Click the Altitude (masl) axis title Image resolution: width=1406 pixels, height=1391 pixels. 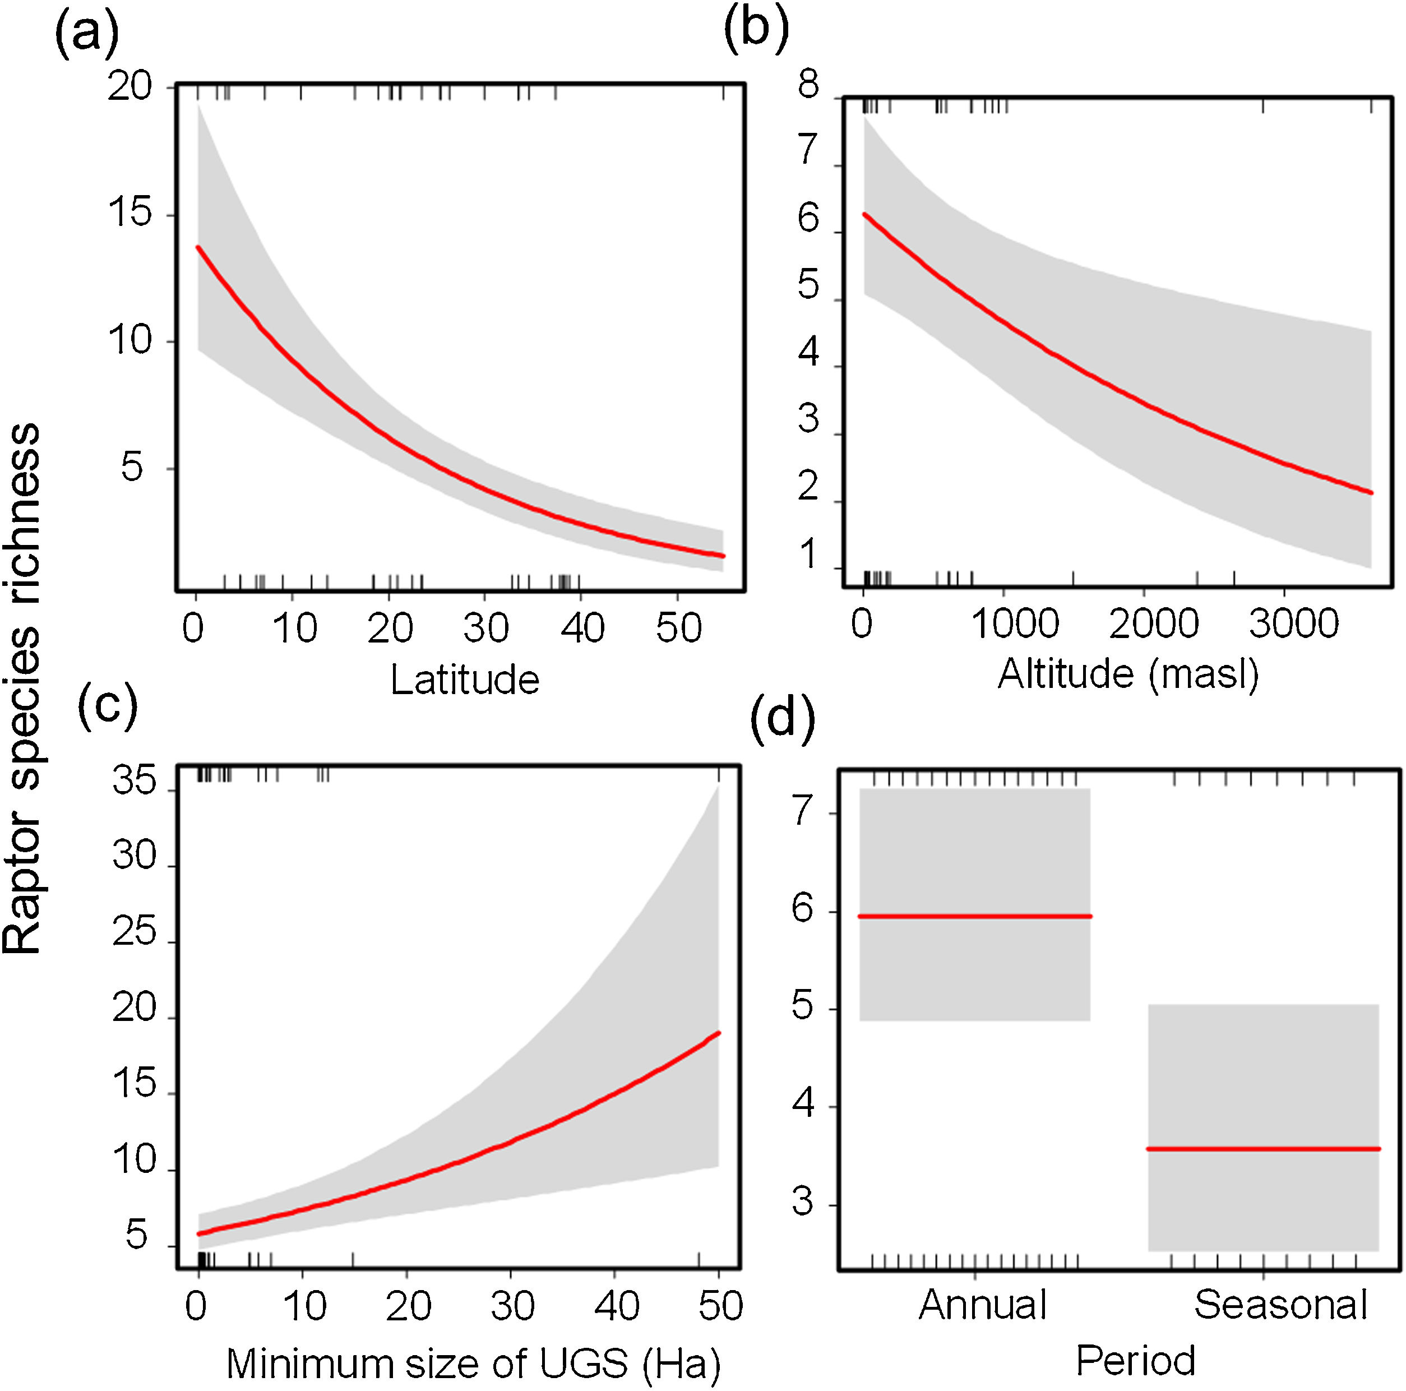(1127, 673)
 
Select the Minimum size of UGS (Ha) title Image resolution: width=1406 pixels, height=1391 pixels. (473, 1364)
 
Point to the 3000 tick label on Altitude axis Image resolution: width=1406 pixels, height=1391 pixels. (1293, 625)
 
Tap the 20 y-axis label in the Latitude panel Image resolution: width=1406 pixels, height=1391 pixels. (129, 87)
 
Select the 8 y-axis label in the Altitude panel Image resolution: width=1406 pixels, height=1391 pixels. (808, 85)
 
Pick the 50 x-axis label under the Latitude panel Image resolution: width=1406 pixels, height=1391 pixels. (678, 628)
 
